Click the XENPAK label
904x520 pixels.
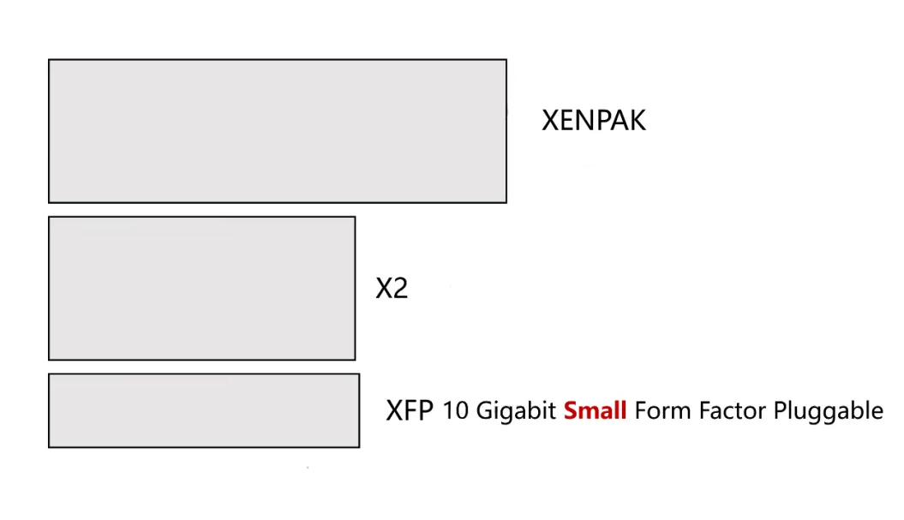(593, 120)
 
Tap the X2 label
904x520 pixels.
(392, 289)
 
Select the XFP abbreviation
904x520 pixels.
(410, 410)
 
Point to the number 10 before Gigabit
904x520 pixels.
(456, 411)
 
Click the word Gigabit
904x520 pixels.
(515, 412)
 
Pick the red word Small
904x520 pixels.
(595, 411)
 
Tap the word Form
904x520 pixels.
(662, 411)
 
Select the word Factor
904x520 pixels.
(733, 411)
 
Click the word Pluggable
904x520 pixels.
(828, 412)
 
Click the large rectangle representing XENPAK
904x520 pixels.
(277, 131)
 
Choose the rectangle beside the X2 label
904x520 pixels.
(201, 288)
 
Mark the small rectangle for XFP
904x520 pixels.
(204, 410)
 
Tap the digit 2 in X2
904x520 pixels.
(399, 289)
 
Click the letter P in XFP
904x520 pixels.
(426, 410)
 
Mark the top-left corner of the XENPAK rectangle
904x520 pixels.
(49, 60)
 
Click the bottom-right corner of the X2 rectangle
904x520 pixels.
(355, 360)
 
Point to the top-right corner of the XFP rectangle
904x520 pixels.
(359, 374)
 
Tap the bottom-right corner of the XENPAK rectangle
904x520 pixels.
(506, 202)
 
